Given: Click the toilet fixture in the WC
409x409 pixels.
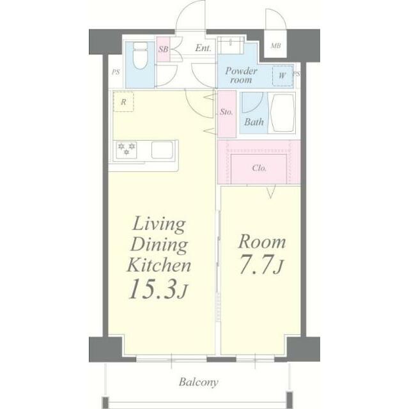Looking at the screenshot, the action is (141, 56).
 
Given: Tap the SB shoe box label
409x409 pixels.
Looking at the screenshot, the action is (164, 49).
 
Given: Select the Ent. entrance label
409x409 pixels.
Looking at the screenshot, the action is (203, 48).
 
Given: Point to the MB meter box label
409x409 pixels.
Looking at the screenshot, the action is (275, 46).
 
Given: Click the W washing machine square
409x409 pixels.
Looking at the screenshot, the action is (282, 76).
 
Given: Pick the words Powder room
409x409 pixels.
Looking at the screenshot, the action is (241, 75).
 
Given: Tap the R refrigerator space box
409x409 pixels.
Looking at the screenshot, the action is (123, 102).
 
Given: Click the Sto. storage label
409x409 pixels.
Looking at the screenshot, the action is (226, 112).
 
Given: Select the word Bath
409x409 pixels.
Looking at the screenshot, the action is (254, 122).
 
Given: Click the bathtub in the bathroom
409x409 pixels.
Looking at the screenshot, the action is (282, 113).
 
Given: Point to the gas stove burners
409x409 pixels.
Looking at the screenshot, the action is (127, 150).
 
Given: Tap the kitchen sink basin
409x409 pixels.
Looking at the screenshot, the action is (162, 150).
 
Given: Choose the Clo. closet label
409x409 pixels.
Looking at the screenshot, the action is (259, 168).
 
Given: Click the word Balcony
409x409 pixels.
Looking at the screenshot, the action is (199, 382).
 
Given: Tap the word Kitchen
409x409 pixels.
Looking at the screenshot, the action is (159, 265).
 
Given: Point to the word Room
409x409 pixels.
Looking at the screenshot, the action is (262, 242).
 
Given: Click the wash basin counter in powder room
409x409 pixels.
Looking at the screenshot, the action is (231, 45).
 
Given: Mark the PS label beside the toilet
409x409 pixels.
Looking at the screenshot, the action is (116, 72).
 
